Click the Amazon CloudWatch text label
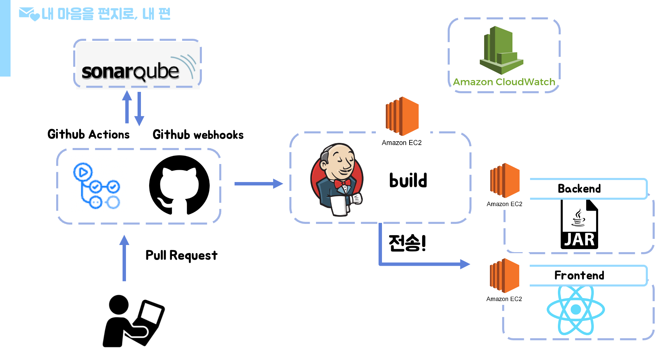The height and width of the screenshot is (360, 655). point(504,82)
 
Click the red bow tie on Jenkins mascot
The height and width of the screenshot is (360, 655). point(342,184)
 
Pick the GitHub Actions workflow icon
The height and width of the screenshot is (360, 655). point(98,183)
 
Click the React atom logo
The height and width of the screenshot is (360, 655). point(575,310)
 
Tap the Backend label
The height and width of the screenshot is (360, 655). point(579,189)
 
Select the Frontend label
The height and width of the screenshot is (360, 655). point(579,275)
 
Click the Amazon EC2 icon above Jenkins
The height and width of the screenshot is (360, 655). point(402,116)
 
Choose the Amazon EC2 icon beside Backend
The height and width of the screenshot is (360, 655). point(505,180)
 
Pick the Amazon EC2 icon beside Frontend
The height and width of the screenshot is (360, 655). point(505,276)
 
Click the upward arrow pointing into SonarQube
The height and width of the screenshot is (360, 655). point(127,107)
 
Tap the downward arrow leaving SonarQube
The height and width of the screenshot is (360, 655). point(139,109)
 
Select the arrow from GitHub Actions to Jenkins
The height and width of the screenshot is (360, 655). point(258,184)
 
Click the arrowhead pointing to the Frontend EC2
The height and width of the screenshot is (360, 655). point(465,264)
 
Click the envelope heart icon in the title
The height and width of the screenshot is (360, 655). point(29,14)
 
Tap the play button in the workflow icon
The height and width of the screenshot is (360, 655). point(83,172)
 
